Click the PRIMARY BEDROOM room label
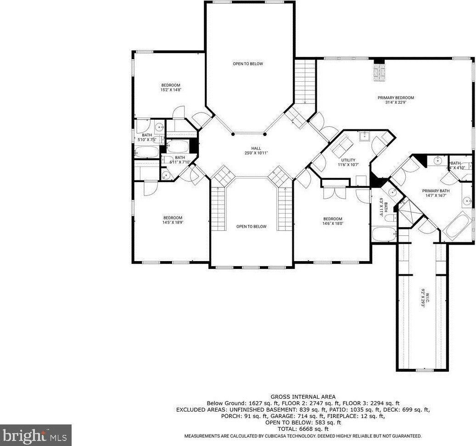(396, 98)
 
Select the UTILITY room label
(348, 160)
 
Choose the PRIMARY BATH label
(436, 191)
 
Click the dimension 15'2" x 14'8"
(170, 90)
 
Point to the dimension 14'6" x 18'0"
(333, 223)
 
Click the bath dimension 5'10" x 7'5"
(147, 139)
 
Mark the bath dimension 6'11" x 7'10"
(179, 162)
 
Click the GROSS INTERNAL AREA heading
(303, 396)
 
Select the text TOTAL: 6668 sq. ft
(303, 429)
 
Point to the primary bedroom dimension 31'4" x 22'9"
(396, 102)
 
